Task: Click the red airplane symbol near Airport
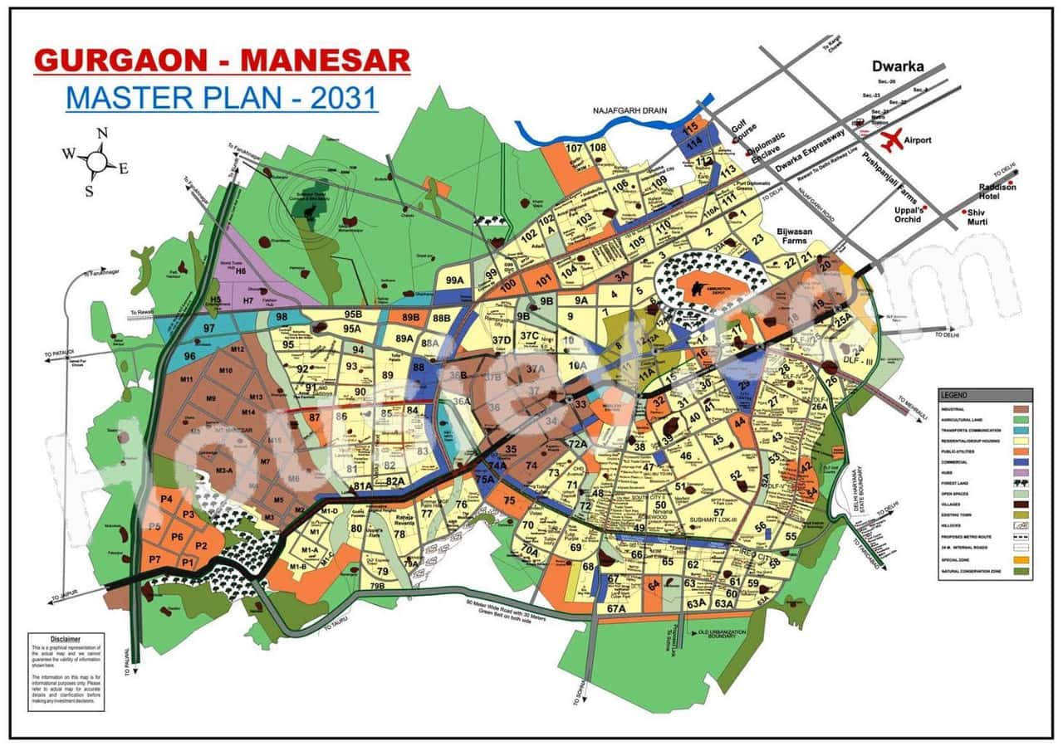click(x=893, y=139)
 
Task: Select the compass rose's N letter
click(x=102, y=133)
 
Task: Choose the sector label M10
click(x=224, y=370)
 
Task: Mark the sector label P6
click(x=177, y=537)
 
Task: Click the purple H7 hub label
click(x=247, y=300)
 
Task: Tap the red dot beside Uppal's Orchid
click(x=924, y=209)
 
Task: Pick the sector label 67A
click(x=615, y=608)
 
